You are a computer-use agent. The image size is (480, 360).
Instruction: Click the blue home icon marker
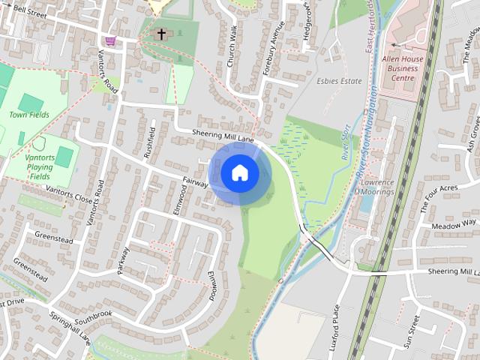(x=240, y=173)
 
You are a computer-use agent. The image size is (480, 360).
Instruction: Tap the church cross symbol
(x=160, y=34)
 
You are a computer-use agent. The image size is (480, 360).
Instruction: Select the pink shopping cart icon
(x=111, y=40)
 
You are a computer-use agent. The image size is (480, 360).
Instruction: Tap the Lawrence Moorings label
(x=377, y=187)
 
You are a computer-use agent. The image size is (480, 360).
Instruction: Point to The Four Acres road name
(x=439, y=197)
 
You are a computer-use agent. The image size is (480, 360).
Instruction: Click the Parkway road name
(x=124, y=262)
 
